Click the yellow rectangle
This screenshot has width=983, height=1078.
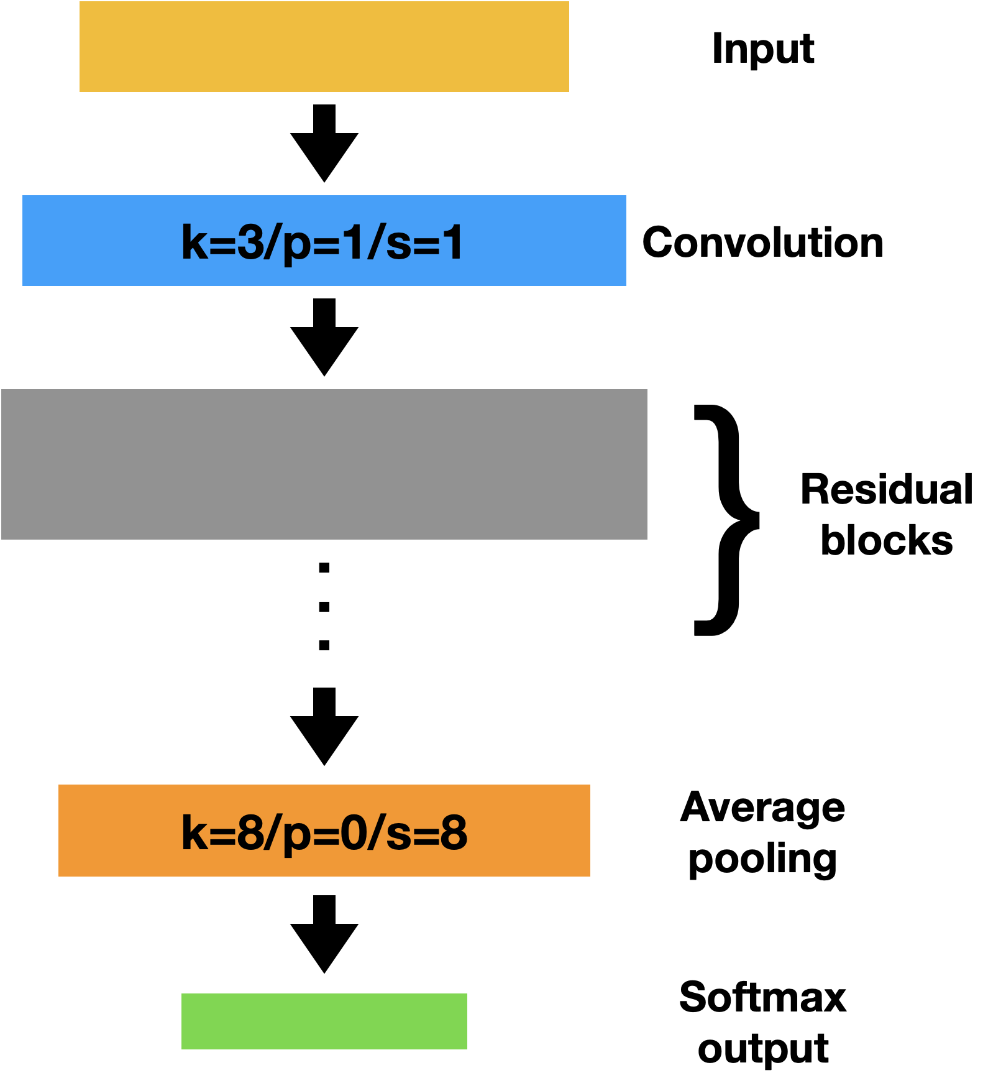coord(324,47)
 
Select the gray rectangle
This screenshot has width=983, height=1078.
coord(324,464)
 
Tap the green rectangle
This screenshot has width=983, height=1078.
coord(324,1021)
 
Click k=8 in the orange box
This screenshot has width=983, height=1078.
coord(222,832)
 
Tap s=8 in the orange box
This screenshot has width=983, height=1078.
coord(426,832)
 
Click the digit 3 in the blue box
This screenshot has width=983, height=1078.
coord(250,242)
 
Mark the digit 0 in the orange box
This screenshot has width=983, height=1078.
coord(352,832)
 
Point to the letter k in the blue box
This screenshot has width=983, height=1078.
coord(193,242)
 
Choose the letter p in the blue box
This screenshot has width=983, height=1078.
coord(296,246)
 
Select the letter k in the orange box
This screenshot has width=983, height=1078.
coord(193,832)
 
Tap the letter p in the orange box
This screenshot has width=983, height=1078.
coord(296,836)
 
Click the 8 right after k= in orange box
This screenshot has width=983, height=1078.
coord(250,832)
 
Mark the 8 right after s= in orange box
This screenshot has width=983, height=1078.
coord(454,832)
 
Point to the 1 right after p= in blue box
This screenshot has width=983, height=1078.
coord(353,242)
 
